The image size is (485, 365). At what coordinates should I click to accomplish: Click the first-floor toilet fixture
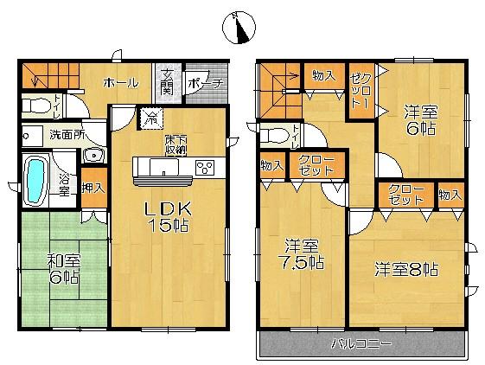[36, 106]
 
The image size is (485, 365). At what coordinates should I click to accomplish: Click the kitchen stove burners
[206, 167]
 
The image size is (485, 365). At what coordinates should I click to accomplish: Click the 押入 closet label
[93, 187]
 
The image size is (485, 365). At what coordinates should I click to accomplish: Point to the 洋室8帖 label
[405, 269]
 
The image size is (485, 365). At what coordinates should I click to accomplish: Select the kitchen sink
[162, 165]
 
